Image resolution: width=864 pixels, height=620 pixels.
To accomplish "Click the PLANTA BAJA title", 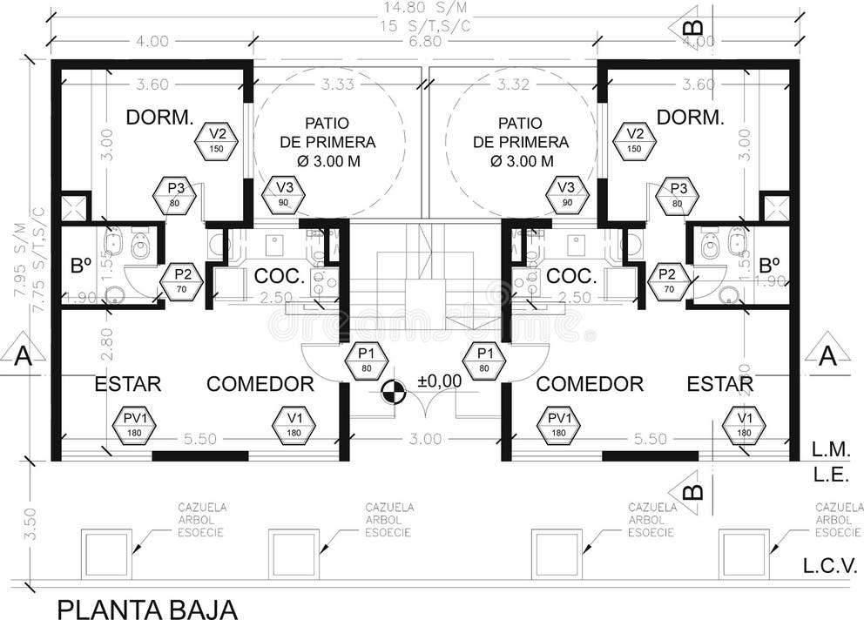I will coord(147,608).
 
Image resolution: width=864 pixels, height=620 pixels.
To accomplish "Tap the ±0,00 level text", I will coord(439,381).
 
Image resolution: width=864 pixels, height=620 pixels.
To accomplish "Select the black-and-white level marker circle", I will coord(394,393).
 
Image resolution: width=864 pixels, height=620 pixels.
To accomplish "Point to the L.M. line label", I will coord(825,451).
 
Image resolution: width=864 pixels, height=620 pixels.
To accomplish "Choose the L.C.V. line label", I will coord(827,567).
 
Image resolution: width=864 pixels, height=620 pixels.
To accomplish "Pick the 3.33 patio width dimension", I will coord(338,84).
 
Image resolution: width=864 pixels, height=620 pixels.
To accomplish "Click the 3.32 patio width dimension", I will coord(514,84).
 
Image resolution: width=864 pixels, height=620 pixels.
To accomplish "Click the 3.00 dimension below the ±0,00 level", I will coord(426,439).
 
